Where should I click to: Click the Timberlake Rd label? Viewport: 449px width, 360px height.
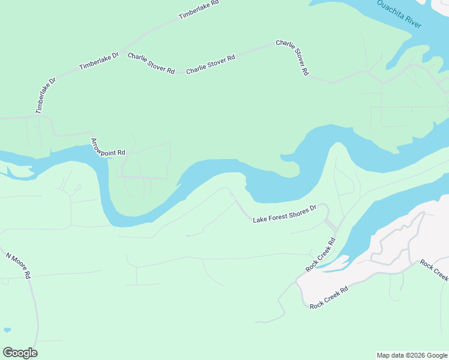click(x=199, y=11)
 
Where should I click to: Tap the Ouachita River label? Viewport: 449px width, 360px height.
click(x=399, y=13)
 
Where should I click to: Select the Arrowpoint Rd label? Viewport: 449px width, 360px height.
click(x=107, y=147)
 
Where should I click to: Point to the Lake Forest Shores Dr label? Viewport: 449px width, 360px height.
click(x=285, y=215)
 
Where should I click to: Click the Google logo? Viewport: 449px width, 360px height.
click(x=20, y=353)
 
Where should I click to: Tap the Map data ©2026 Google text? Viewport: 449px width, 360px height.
click(x=412, y=355)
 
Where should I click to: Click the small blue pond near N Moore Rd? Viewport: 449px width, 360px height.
click(x=7, y=330)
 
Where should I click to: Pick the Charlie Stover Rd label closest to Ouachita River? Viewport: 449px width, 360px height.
click(x=292, y=58)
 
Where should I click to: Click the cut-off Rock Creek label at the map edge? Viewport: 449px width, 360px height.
click(x=434, y=270)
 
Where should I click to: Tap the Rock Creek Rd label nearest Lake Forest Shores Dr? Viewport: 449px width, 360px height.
click(x=320, y=255)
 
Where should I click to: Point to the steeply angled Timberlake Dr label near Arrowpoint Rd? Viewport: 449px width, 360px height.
click(x=45, y=95)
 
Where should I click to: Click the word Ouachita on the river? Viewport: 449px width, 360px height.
click(x=390, y=7)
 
